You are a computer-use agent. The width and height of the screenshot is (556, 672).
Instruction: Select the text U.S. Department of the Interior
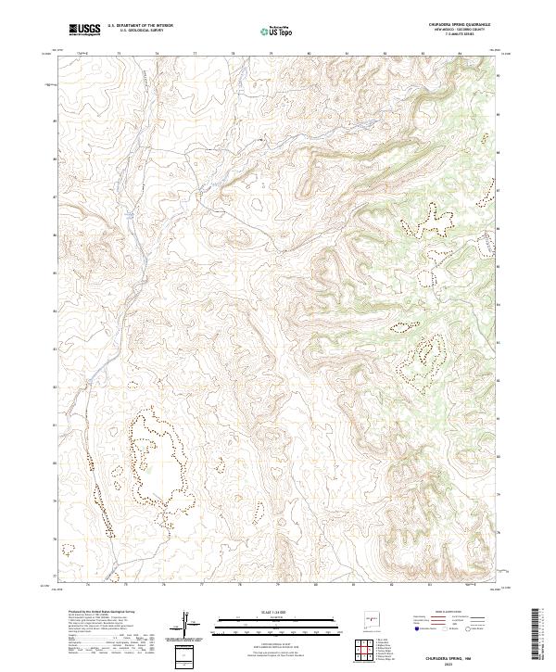138,26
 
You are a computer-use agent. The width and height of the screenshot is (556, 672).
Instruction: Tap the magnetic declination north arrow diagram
190,627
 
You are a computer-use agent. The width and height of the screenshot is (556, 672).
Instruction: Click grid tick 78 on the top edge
233,54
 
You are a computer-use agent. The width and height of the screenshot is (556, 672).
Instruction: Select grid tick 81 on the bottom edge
354,586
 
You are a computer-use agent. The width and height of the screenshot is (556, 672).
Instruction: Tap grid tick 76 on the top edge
157,54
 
